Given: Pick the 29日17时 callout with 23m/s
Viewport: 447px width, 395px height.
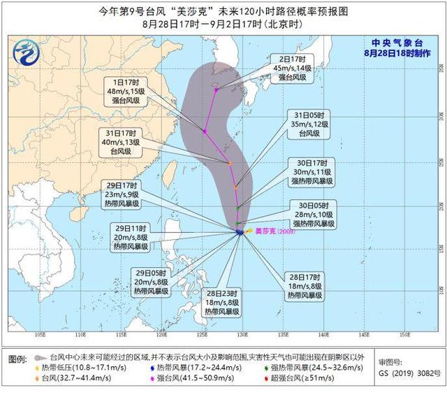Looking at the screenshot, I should point(122,195).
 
